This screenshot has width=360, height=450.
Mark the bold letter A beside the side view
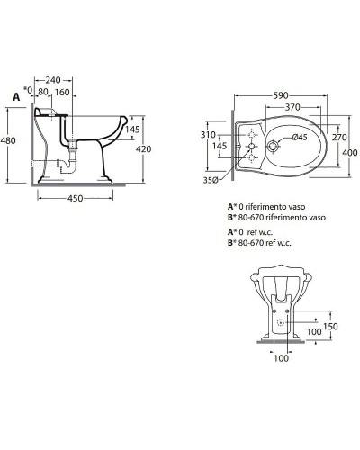point(16,94)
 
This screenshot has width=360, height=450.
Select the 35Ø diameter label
point(211,180)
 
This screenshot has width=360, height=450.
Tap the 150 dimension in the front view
point(331,327)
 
